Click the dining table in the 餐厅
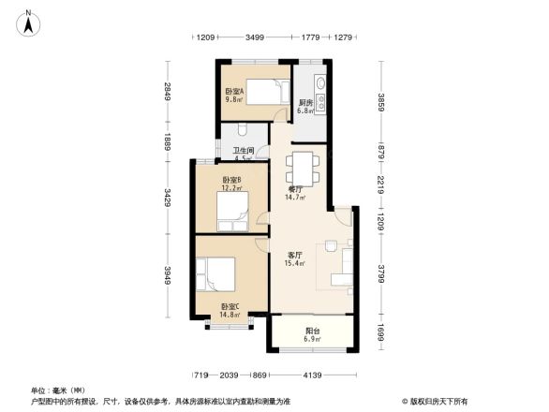[x=303, y=168]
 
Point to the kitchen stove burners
[x=321, y=89]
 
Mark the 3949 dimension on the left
[x=167, y=277]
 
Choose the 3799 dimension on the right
[x=380, y=274]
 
